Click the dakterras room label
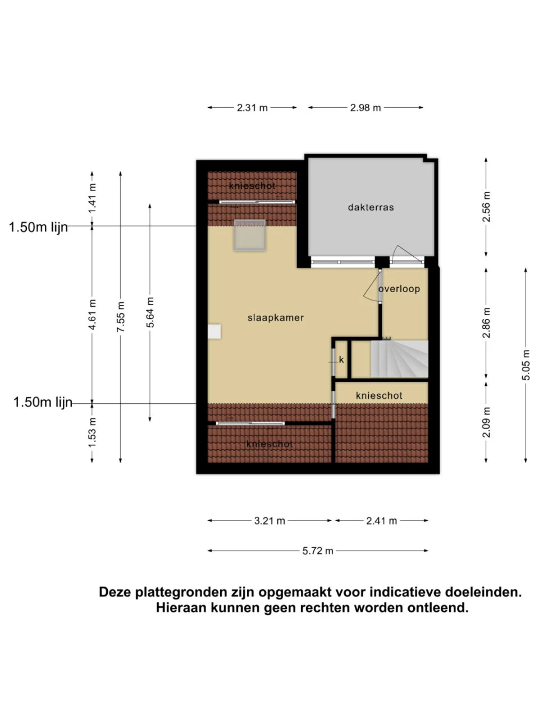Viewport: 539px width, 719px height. (371, 207)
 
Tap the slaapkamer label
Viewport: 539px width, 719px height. (275, 318)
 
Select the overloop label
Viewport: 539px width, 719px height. (399, 289)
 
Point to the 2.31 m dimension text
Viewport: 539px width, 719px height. (252, 108)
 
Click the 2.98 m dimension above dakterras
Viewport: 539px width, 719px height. (366, 108)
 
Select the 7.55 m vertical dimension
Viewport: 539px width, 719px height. (121, 317)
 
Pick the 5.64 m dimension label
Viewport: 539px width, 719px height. (150, 312)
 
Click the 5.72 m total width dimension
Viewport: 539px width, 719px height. (318, 551)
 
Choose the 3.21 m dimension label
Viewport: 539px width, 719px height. (269, 521)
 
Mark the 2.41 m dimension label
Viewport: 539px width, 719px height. (382, 521)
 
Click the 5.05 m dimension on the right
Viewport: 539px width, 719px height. (526, 365)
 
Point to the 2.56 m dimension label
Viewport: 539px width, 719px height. (486, 207)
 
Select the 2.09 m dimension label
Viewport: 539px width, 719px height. (486, 422)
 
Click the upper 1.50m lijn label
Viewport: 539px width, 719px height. (38, 227)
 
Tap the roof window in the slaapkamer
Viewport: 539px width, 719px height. (250, 236)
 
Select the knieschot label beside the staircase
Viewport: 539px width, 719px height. (379, 396)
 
